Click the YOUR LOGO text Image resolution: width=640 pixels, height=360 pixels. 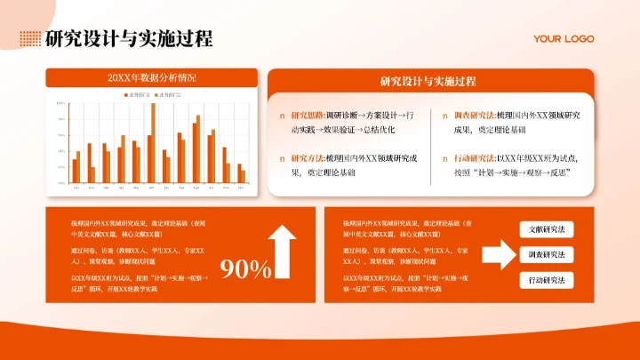(x=563, y=38)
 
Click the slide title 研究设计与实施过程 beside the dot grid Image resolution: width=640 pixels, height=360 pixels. (x=129, y=39)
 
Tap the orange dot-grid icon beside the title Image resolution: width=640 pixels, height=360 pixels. (x=30, y=38)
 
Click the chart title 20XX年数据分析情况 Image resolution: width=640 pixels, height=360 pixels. (x=151, y=78)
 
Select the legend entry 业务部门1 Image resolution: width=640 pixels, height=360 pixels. (x=138, y=93)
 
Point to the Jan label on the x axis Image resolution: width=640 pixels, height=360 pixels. (x=76, y=188)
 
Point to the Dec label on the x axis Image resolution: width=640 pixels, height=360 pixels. (x=241, y=188)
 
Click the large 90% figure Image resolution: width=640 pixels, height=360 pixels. (x=245, y=268)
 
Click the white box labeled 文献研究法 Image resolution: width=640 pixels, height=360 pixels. (x=547, y=229)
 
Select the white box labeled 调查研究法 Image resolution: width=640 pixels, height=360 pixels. (x=547, y=254)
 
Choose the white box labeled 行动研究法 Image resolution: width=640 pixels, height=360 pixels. (x=547, y=280)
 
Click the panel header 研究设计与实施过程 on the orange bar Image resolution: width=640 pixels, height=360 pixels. (x=428, y=81)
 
